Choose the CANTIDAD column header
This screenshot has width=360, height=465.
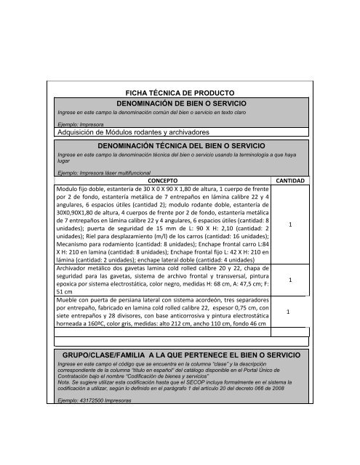tap(291, 179)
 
